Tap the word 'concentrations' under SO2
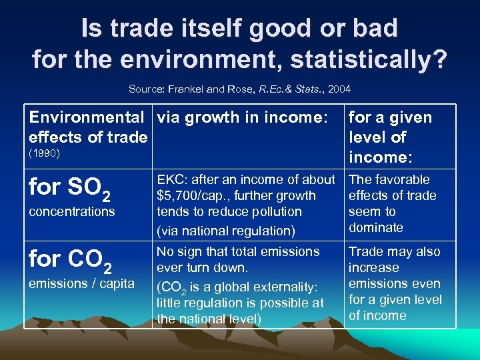coord(72,211)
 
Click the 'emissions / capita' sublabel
coord(82,283)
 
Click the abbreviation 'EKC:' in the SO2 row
coord(171,179)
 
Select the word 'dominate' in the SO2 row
coord(376,227)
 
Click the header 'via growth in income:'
coord(241,117)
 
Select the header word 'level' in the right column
coord(367,137)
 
